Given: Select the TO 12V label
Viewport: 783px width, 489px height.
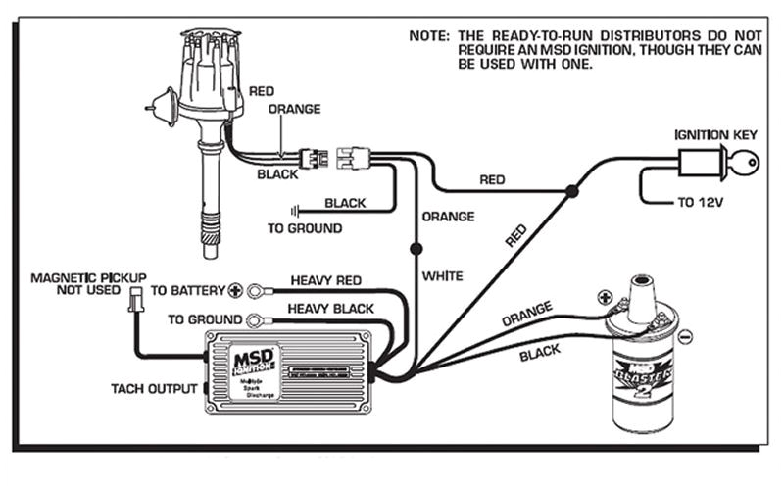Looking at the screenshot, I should point(705,205).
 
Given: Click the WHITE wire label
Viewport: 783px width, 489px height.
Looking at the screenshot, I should point(442,276).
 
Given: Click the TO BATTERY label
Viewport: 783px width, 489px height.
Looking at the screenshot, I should point(186,291).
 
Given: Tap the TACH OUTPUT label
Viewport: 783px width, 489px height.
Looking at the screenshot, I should point(153,388).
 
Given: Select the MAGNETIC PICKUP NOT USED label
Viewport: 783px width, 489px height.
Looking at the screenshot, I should point(86,284).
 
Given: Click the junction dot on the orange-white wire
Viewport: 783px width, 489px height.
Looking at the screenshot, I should point(416,248).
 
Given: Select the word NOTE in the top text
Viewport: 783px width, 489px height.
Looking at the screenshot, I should point(428,36).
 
